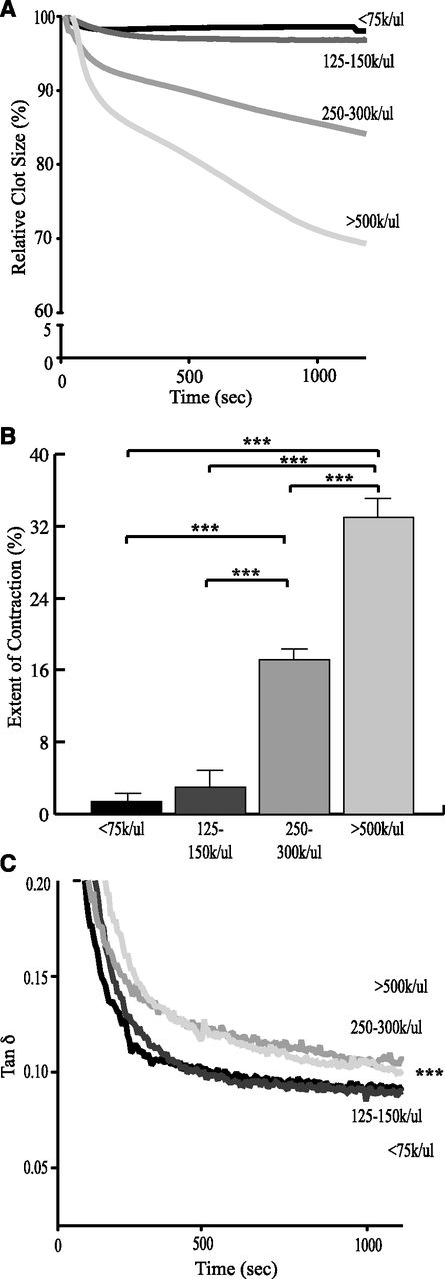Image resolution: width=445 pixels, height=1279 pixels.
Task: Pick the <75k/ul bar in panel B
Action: tap(126, 806)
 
